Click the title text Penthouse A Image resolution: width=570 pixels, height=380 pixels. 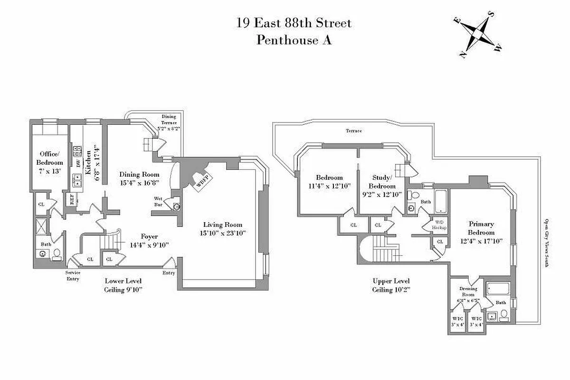click(x=294, y=40)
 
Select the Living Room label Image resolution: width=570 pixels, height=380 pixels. click(x=223, y=225)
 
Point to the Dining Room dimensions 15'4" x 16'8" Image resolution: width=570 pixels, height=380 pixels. click(x=139, y=182)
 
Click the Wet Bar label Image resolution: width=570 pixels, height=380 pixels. click(x=159, y=201)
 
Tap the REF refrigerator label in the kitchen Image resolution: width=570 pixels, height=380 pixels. click(x=72, y=200)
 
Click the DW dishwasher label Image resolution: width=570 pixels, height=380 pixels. click(x=77, y=163)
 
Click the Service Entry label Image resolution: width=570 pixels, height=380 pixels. click(x=73, y=275)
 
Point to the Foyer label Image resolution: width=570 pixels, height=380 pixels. click(x=149, y=236)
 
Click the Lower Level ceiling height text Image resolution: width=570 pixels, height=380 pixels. click(x=123, y=289)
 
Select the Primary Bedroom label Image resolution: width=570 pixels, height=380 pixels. click(x=481, y=228)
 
